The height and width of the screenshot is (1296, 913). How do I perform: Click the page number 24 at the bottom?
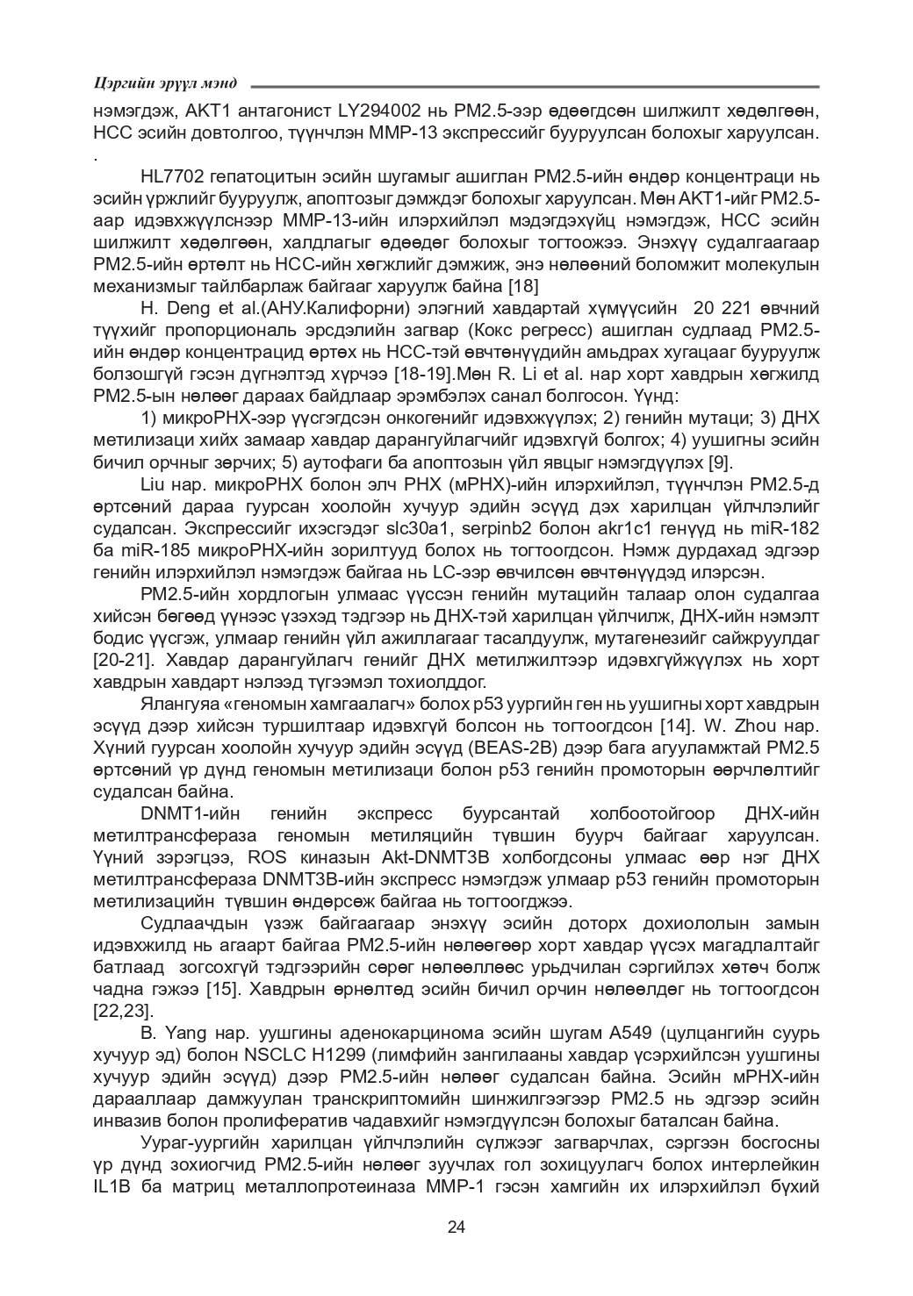click(x=456, y=1227)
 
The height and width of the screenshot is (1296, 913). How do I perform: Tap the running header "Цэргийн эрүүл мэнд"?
click(x=165, y=83)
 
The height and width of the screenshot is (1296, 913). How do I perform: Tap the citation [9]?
click(x=719, y=462)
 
